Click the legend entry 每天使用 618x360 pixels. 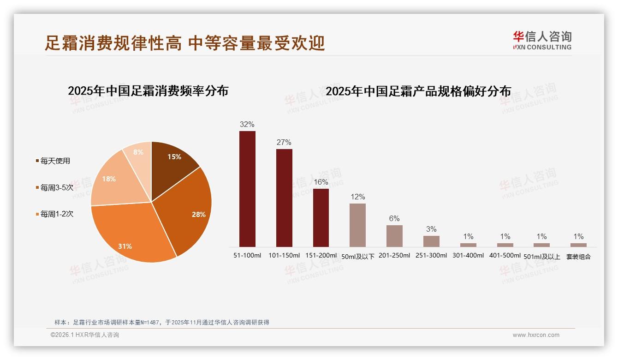(55, 161)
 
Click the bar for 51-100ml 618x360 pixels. (247, 189)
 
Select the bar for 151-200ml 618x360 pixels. (321, 217)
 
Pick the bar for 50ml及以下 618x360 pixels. (357, 225)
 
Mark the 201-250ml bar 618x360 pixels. (394, 236)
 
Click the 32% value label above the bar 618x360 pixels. (247, 125)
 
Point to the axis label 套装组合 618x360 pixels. (578, 257)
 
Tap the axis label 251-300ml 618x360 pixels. (431, 256)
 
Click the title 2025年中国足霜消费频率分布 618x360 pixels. (148, 91)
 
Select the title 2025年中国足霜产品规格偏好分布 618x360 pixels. (418, 91)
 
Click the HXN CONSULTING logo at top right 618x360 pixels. (542, 40)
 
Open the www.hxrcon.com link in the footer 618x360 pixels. (536, 335)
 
